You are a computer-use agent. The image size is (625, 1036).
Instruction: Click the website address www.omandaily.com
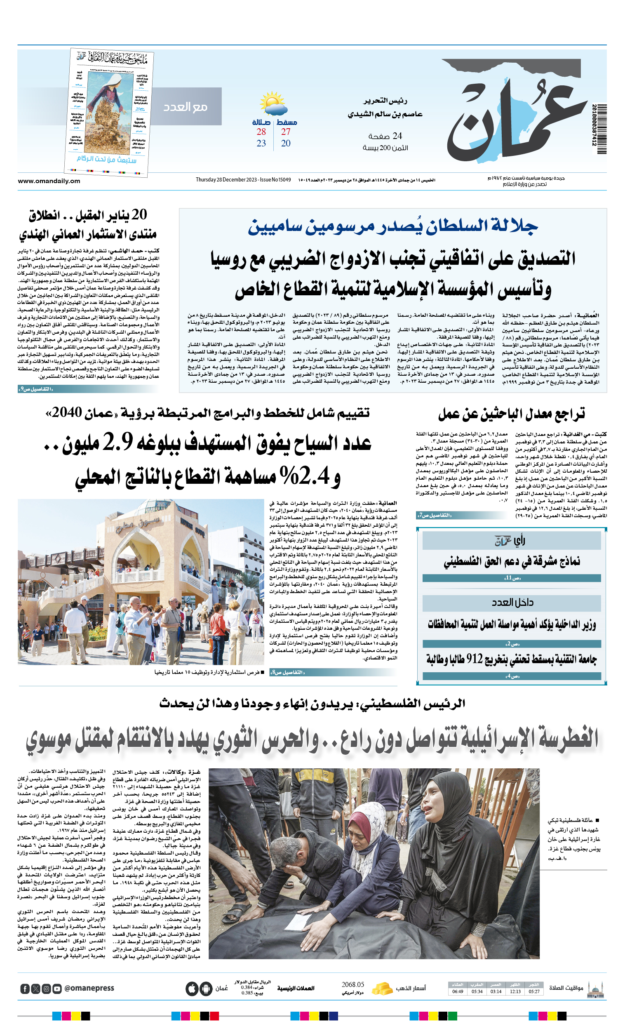tap(49, 181)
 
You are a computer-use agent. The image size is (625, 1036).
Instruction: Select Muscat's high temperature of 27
tap(286, 132)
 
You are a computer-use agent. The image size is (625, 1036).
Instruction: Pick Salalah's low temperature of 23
tap(261, 144)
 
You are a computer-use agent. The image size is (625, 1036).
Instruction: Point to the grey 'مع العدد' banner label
tap(186, 107)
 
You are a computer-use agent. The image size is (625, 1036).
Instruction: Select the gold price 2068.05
tap(352, 985)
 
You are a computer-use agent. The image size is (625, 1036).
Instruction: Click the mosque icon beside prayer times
tap(596, 989)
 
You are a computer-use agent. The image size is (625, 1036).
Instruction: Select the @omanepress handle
tap(89, 989)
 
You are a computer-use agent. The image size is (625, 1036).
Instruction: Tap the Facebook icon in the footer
tap(25, 989)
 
